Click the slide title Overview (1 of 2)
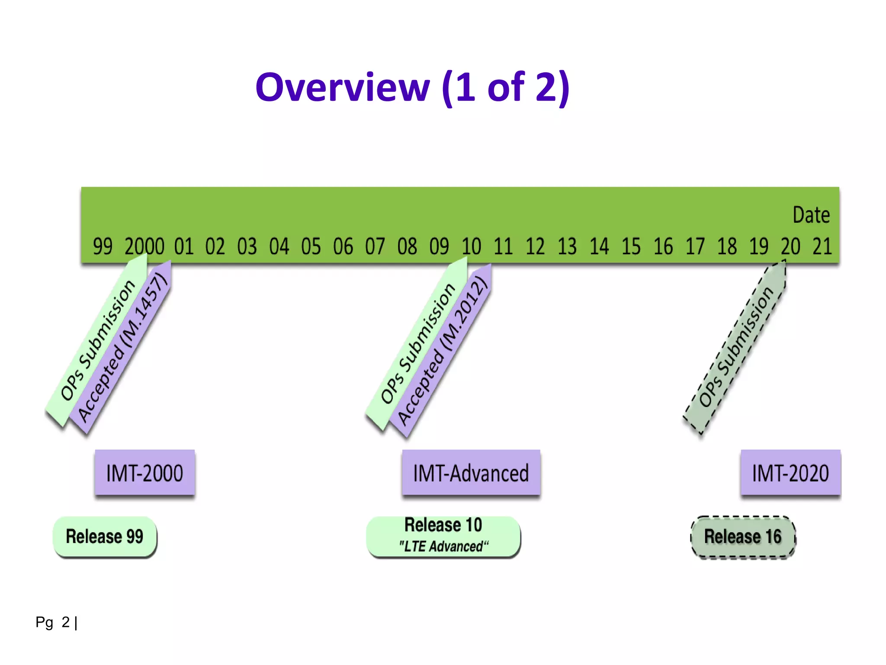tap(412, 87)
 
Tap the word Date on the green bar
tap(811, 215)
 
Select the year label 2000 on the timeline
tap(144, 246)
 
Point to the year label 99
tap(103, 246)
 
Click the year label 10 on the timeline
tap(471, 246)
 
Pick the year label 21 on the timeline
tap(822, 246)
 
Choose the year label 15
tap(631, 246)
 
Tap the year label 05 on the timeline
tap(311, 246)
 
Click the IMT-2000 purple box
tap(144, 472)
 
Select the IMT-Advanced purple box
tap(471, 472)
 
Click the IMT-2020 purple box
tap(790, 472)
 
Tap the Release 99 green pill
tap(105, 536)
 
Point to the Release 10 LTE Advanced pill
tap(443, 536)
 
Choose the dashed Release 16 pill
tap(743, 537)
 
